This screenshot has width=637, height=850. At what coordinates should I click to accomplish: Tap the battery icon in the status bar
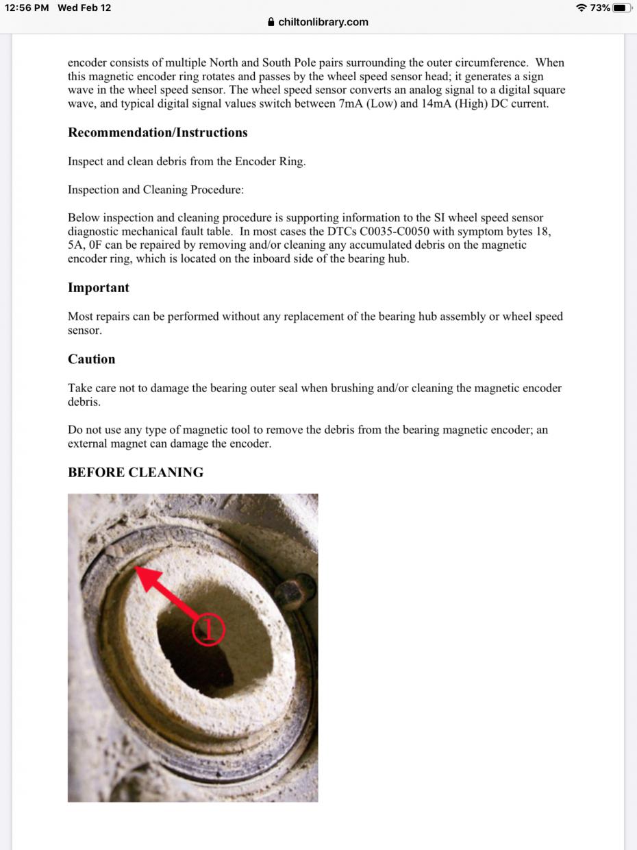coord(622,8)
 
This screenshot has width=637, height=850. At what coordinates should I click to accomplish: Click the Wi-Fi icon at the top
coord(582,8)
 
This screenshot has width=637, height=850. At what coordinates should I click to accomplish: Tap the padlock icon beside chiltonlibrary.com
coord(271,22)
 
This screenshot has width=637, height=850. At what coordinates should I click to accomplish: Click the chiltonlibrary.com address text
coord(323,22)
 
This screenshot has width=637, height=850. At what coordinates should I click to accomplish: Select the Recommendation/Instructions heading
coord(158,132)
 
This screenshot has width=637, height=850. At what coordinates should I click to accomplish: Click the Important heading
coord(99,288)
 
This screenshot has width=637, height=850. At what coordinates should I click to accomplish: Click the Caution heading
coord(92,359)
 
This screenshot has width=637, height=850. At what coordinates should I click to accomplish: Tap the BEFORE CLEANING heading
coord(136,472)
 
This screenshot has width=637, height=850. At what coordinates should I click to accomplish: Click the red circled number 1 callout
coord(208,629)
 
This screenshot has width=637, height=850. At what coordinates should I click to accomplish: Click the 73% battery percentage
coord(600,8)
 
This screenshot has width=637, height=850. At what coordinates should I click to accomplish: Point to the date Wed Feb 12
coord(84,8)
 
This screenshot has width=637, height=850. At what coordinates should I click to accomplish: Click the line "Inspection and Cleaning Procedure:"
coord(155,190)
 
